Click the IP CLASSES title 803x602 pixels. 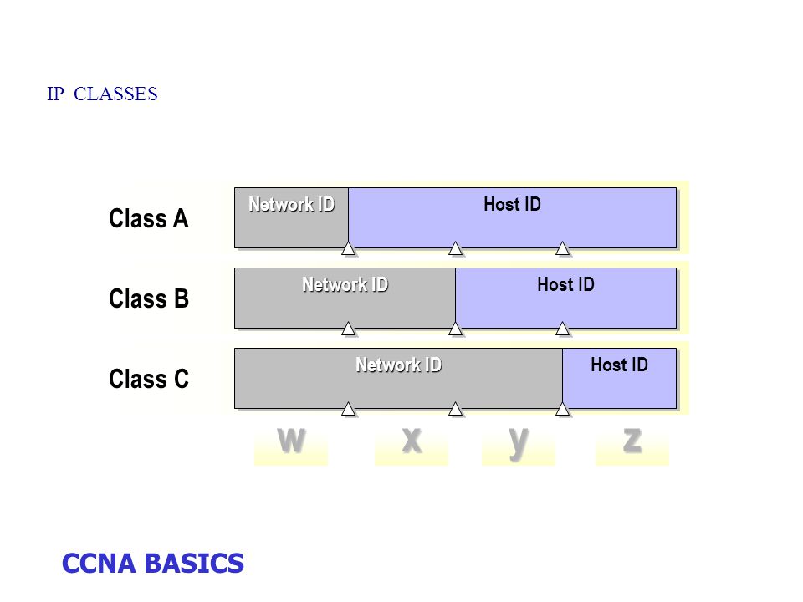coord(102,94)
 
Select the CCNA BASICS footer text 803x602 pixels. coord(152,564)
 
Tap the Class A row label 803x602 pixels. coord(149,218)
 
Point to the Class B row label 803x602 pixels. coord(149,298)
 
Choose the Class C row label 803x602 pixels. coord(149,379)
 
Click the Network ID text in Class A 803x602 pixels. coord(291,204)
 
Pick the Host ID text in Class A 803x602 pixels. coord(512,204)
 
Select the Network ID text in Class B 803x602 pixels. coord(345,284)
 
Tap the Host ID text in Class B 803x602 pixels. coord(566,284)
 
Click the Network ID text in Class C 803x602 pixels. coord(398,365)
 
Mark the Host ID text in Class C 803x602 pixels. coord(619,365)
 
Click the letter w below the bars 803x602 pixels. coord(291,441)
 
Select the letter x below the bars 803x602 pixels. coord(412,441)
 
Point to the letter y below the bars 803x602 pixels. coord(519,443)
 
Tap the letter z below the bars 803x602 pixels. coord(632,441)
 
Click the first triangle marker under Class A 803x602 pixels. coord(348,249)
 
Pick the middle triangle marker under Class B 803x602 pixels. coord(455,329)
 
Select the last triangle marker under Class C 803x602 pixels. coord(562,409)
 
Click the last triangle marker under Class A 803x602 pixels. coord(562,249)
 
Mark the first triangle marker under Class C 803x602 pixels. coord(348,409)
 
